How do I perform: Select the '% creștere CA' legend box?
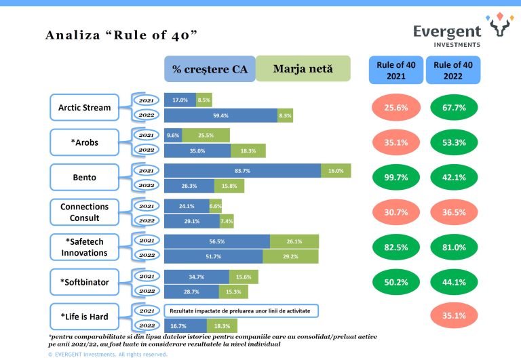(210, 69)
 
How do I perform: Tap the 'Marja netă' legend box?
(303, 69)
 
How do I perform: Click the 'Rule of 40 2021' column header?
(396, 70)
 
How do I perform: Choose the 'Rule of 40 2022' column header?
(453, 70)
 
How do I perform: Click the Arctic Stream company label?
(85, 107)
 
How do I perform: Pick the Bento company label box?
(85, 178)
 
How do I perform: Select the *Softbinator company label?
(85, 282)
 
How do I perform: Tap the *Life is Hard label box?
(85, 317)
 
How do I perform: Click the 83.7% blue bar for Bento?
(242, 170)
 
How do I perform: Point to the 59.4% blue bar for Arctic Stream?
(220, 116)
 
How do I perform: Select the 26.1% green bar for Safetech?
(294, 240)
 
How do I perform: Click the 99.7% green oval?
(396, 178)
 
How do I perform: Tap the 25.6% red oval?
(396, 108)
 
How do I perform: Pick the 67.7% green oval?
(453, 108)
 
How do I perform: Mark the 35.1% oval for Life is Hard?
(453, 316)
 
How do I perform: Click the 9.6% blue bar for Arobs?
(172, 135)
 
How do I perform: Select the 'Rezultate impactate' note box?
(241, 310)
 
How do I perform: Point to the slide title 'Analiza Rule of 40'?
(121, 35)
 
